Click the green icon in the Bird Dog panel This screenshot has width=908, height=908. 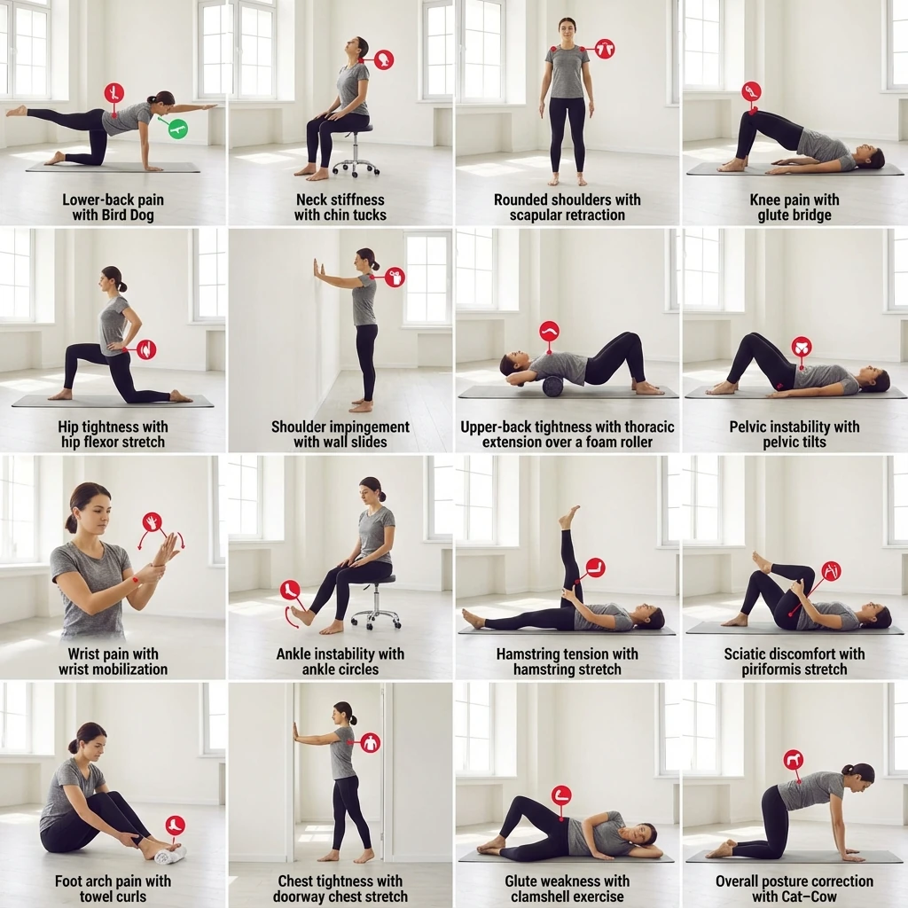(x=177, y=129)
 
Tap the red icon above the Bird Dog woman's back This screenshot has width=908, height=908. (x=114, y=92)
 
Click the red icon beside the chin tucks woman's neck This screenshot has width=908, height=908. (x=384, y=59)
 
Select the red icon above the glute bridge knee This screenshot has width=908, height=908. (x=752, y=91)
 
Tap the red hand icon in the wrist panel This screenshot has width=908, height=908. (x=153, y=521)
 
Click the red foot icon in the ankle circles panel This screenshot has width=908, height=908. (x=290, y=591)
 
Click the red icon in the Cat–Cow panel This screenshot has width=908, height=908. (x=793, y=759)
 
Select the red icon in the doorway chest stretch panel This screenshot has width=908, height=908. (x=370, y=742)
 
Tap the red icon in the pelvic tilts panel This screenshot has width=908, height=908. (x=802, y=347)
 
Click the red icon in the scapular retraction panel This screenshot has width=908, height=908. (x=605, y=50)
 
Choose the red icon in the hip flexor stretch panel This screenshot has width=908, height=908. (x=146, y=349)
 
